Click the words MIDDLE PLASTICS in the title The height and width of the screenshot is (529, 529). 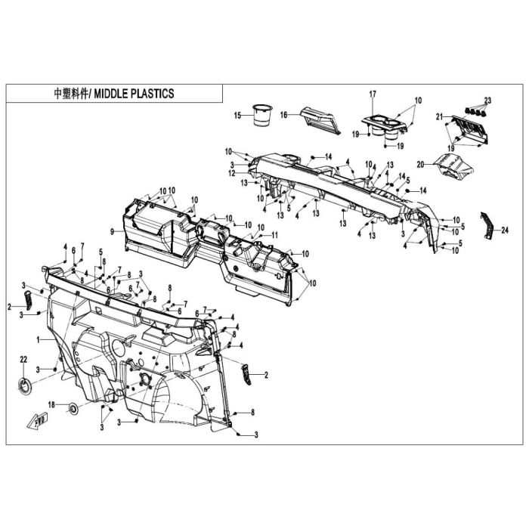pos(134,94)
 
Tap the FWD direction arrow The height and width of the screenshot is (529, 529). pos(37,421)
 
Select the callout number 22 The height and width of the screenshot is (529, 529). pos(23,360)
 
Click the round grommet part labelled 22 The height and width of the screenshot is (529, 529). pos(25,385)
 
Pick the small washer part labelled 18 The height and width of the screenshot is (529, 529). pos(73,409)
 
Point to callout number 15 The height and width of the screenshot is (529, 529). pos(238,116)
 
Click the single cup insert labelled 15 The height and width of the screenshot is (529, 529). pos(262,116)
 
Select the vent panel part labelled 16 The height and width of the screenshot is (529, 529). pos(320,120)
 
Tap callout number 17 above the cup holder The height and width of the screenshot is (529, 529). pos(373,94)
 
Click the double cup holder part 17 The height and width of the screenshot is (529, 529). pos(385,128)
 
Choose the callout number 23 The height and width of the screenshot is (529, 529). pos(488,101)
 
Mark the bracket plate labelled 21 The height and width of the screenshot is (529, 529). pos(469,128)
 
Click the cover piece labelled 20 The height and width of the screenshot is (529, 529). pos(453,168)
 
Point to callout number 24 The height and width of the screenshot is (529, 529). pos(505,230)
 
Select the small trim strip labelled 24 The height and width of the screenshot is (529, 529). pos(487,225)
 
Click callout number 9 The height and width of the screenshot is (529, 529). pos(112,232)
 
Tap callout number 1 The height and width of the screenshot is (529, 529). pos(39,340)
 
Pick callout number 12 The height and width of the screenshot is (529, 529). pos(231,173)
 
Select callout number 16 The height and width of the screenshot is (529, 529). pos(283,115)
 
